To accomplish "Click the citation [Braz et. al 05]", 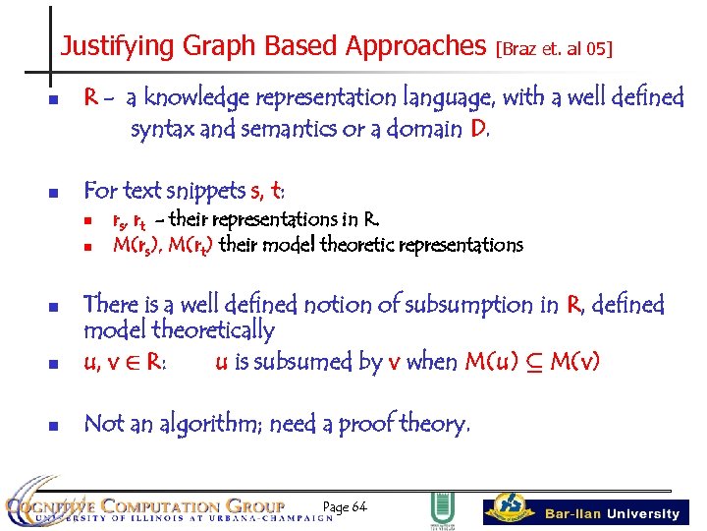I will coord(555,47).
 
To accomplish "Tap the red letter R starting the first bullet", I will coord(90,97).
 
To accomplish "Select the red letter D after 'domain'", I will coord(477,128).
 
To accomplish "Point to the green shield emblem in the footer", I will coord(442,509).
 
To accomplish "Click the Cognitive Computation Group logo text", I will coord(157,507).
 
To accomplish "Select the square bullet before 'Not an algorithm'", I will coord(55,426).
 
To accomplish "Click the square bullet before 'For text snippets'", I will coord(55,190).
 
